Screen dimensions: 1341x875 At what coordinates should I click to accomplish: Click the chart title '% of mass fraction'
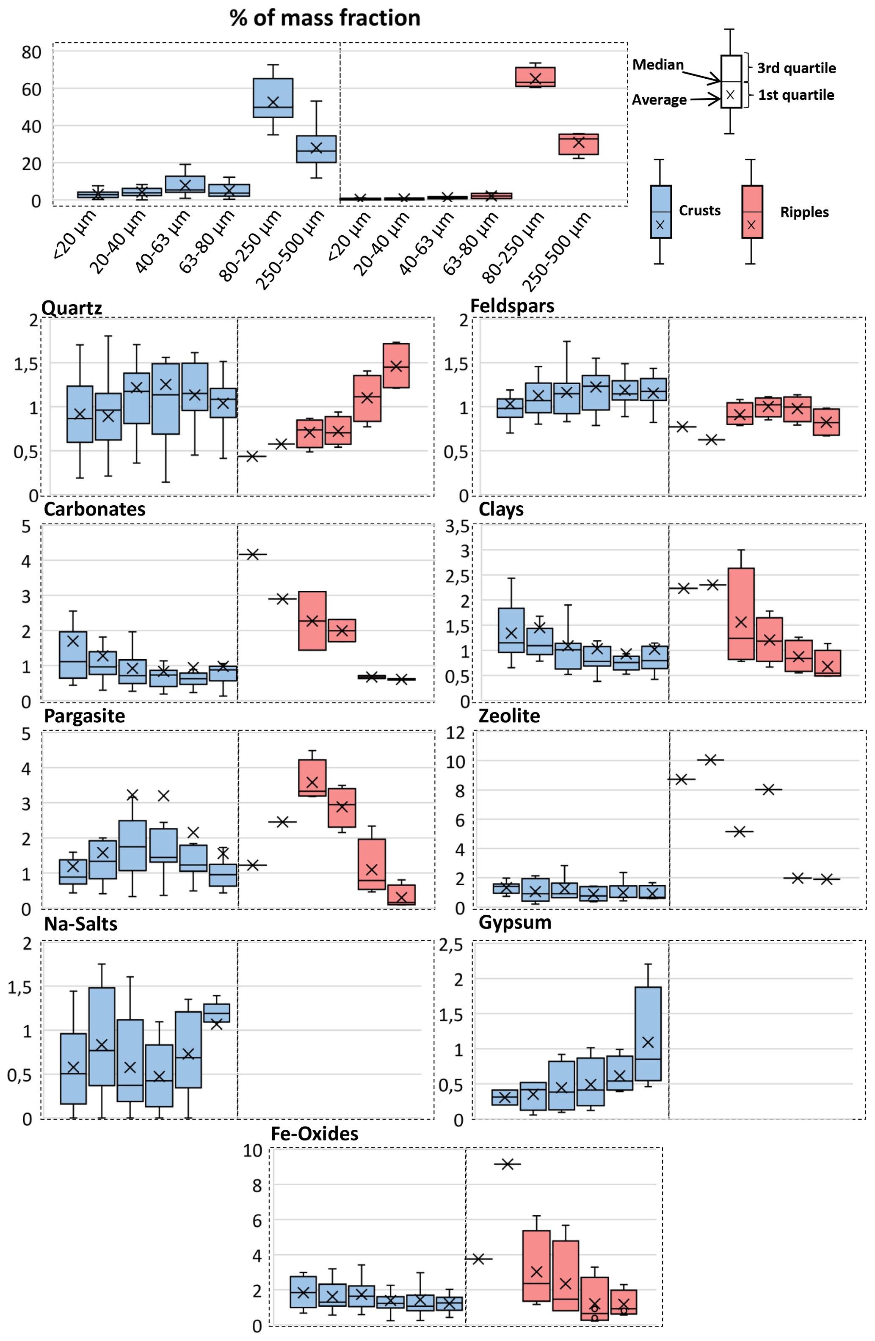click(x=325, y=18)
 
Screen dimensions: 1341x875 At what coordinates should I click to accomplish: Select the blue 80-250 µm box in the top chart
click(x=273, y=97)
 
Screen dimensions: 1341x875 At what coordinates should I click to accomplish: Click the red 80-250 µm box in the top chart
click(x=535, y=77)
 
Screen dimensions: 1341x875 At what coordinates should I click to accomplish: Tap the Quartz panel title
click(x=72, y=308)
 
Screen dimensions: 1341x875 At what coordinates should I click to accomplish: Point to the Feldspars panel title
click(x=512, y=306)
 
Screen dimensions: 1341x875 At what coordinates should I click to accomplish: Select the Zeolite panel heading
click(x=509, y=716)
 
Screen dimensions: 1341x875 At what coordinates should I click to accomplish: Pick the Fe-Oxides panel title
click(x=315, y=1134)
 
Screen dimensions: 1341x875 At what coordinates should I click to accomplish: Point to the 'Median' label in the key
click(x=658, y=65)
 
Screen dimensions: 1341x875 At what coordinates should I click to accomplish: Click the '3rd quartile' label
click(x=796, y=68)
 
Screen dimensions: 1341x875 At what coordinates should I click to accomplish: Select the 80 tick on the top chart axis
click(x=32, y=52)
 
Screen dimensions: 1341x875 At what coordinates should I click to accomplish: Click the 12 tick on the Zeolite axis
click(x=455, y=733)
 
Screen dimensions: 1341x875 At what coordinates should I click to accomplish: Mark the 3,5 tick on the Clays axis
click(x=457, y=526)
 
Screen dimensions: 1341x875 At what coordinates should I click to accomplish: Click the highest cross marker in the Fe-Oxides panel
click(x=508, y=1164)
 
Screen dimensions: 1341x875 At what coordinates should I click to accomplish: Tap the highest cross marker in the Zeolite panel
click(x=710, y=760)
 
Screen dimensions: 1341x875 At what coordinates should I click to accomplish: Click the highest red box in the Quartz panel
click(x=396, y=365)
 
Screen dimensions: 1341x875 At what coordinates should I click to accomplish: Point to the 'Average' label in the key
click(x=659, y=100)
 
